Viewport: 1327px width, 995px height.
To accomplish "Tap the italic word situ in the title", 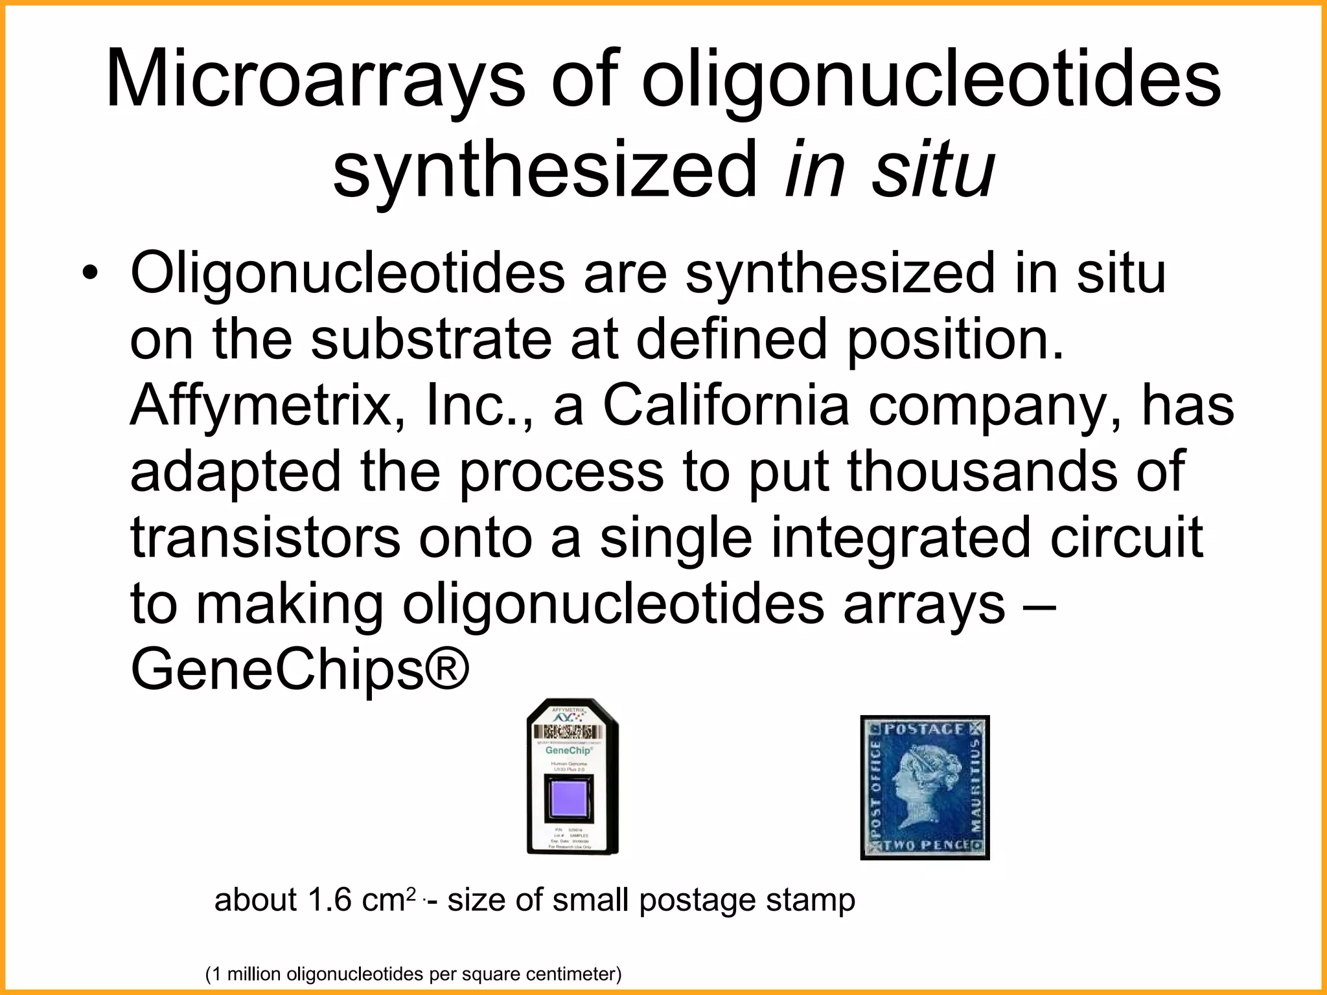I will click(x=932, y=170).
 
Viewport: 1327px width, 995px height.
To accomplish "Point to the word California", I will click(x=726, y=405).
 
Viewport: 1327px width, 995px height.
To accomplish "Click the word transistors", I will click(x=266, y=538).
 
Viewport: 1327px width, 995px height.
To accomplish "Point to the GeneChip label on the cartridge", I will click(x=568, y=750).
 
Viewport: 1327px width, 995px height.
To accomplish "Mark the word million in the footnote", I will click(x=253, y=974).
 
